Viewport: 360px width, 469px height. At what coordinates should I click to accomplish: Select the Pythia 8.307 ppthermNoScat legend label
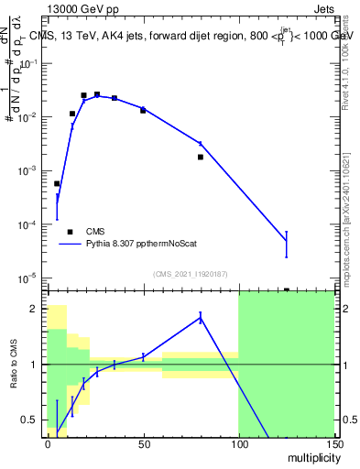click(134, 245)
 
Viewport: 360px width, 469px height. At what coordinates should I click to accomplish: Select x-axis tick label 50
click(143, 442)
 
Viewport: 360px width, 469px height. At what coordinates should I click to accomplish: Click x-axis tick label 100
click(238, 442)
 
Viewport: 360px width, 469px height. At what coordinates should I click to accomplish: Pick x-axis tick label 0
click(48, 442)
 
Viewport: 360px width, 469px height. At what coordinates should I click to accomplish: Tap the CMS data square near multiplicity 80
click(201, 157)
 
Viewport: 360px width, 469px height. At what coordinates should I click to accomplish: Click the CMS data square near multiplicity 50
click(143, 110)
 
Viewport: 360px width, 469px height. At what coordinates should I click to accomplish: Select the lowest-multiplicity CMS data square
click(57, 184)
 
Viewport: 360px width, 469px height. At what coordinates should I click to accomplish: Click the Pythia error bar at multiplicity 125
click(286, 244)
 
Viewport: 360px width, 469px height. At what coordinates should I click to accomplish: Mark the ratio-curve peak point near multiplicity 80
click(201, 317)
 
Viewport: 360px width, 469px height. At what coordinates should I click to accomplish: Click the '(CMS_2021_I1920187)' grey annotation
click(190, 273)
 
